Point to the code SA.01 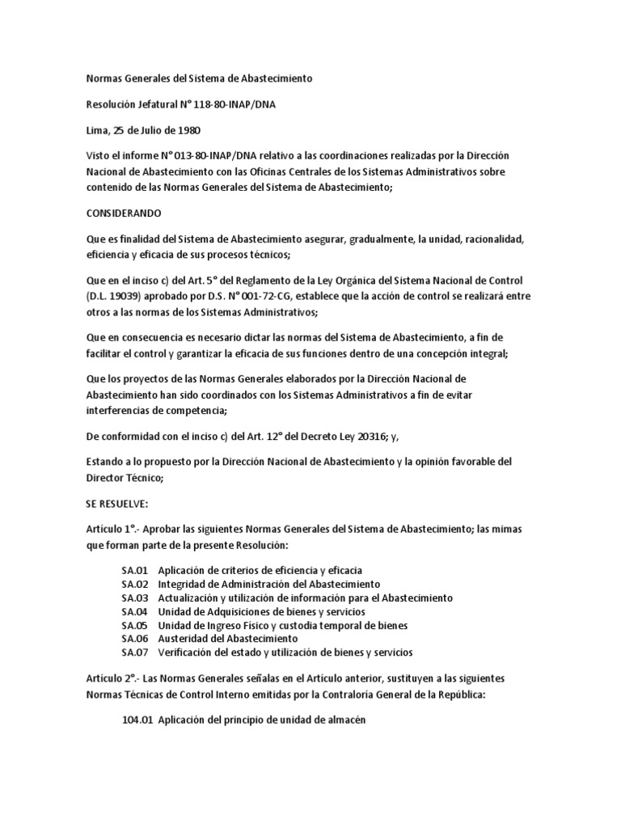pyautogui.click(x=135, y=571)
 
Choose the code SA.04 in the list pyautogui.click(x=135, y=611)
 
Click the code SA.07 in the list pyautogui.click(x=135, y=652)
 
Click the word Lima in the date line pyautogui.click(x=97, y=129)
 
